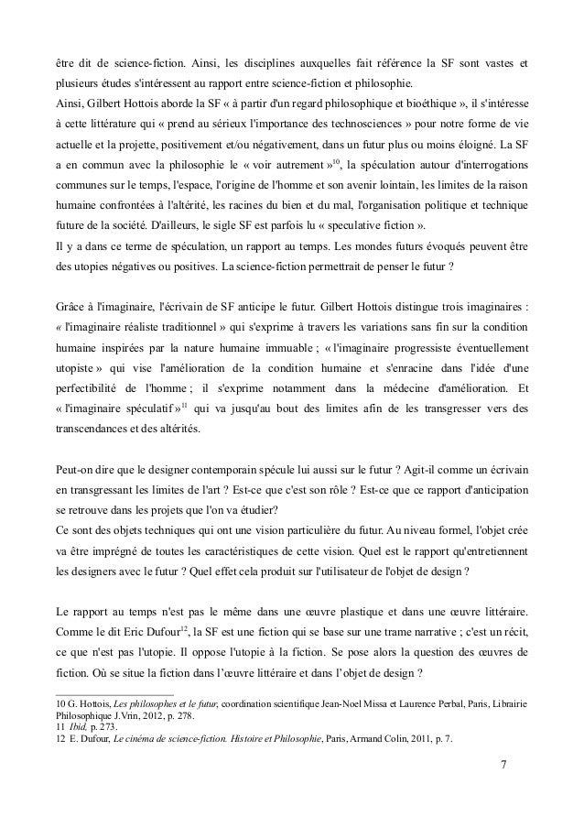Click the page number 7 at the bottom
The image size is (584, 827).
pos(503,763)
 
